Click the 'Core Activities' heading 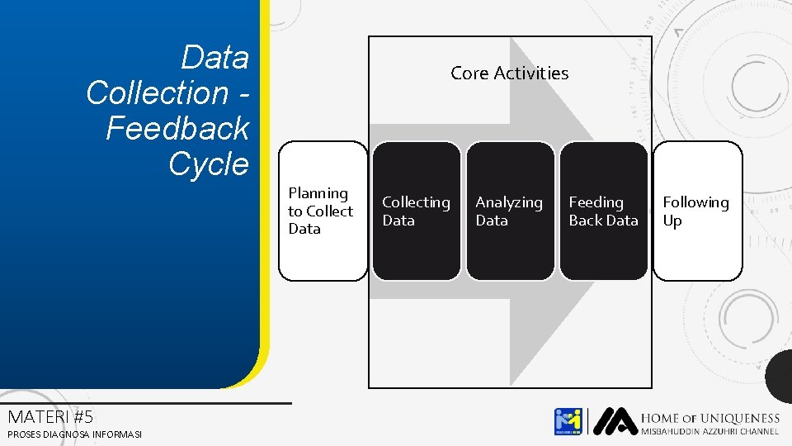click(509, 73)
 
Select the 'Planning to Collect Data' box click(323, 211)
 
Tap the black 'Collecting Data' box click(417, 211)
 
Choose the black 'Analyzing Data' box click(510, 211)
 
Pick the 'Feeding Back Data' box click(604, 211)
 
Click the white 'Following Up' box click(697, 211)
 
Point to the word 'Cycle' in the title click(208, 164)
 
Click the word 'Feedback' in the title click(177, 128)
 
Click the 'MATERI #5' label click(49, 416)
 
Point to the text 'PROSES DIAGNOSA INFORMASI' click(74, 434)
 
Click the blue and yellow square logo click(568, 421)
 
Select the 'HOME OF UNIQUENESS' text click(709, 419)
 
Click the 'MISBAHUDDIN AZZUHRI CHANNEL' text click(709, 431)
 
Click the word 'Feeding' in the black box click(596, 202)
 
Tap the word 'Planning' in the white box click(318, 193)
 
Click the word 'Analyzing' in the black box click(509, 202)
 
